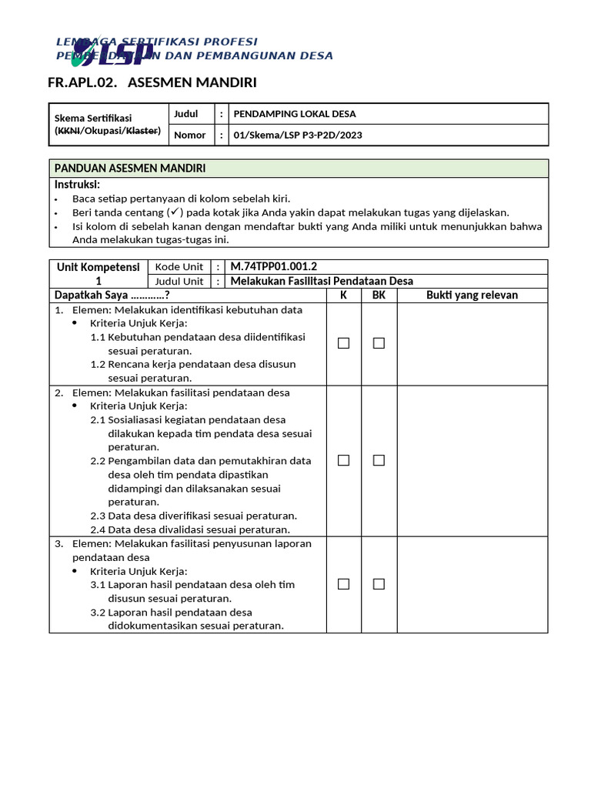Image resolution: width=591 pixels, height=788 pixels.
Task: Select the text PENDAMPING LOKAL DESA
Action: click(x=295, y=114)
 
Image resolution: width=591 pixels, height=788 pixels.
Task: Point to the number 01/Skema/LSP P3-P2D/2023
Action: click(x=298, y=135)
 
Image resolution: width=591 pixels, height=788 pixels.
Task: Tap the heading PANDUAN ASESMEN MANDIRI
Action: click(x=129, y=169)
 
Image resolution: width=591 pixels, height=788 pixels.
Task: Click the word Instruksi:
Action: click(x=77, y=185)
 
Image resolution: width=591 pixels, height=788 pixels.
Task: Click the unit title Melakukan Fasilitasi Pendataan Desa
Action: click(x=322, y=281)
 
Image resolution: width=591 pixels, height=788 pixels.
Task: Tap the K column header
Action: click(x=343, y=295)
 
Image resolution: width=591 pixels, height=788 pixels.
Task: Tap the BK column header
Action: click(x=379, y=295)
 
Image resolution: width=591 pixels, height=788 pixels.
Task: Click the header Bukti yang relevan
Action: click(x=472, y=295)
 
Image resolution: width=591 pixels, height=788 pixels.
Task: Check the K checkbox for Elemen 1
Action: click(x=343, y=343)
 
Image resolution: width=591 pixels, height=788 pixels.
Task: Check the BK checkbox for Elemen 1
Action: click(x=379, y=343)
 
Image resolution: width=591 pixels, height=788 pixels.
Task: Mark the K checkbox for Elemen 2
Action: click(x=343, y=460)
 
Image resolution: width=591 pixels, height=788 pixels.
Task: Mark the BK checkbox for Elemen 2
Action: click(x=379, y=460)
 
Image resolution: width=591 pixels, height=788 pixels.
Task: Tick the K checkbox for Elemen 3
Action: click(x=343, y=584)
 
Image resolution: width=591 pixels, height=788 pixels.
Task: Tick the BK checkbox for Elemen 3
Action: click(x=379, y=584)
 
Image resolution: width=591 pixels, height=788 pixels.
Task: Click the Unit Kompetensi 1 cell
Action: click(x=98, y=273)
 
